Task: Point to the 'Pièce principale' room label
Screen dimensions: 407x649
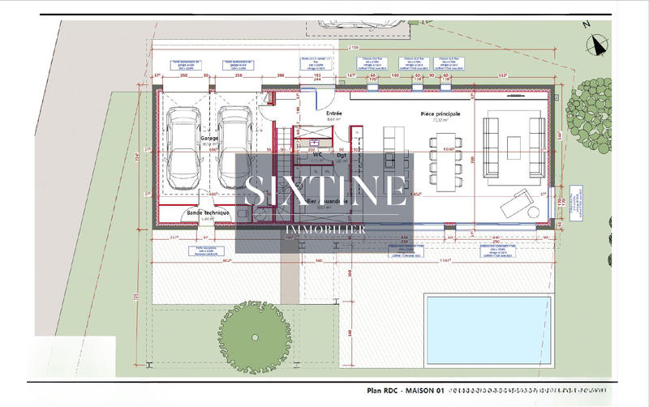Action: tap(441, 114)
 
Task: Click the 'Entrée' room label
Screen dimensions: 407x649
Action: tap(334, 113)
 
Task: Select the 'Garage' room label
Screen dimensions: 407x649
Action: tap(209, 139)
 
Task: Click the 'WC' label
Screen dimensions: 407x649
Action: tap(320, 154)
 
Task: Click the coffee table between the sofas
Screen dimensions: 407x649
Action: tap(514, 146)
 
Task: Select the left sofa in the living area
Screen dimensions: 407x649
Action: tap(490, 147)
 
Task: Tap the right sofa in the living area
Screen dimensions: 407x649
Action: tap(536, 146)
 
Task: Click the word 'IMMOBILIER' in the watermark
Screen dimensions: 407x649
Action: tap(324, 230)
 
